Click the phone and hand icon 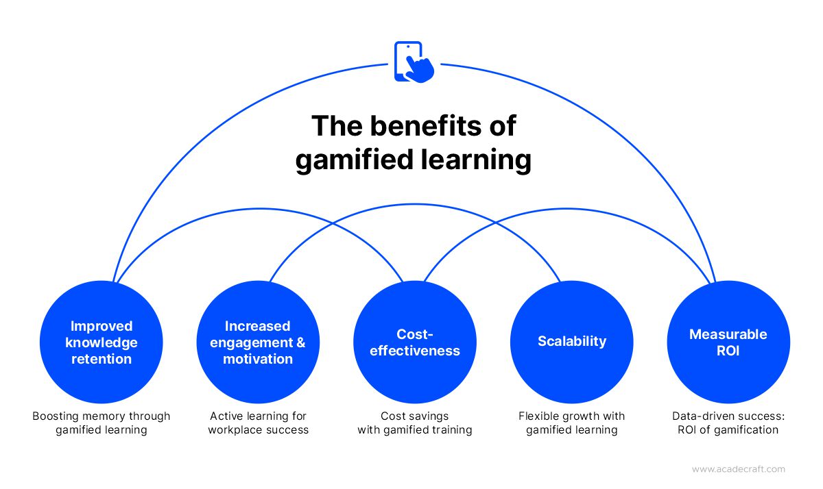point(414,62)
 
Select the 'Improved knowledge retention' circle point(102,342)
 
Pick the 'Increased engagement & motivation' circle point(258,342)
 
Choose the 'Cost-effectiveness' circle point(415,342)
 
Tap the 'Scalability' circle point(572,342)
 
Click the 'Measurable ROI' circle point(728,342)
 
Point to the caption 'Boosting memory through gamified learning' point(102,423)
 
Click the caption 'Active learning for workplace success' point(259,423)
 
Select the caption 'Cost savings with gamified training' point(415,423)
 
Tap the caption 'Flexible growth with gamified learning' point(572,423)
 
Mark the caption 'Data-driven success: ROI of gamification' point(728,423)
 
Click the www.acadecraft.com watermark point(739,469)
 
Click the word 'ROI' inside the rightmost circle point(728,351)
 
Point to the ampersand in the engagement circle point(300,342)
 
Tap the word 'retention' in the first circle point(102,359)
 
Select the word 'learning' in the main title point(476,160)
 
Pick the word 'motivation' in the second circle point(258,359)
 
